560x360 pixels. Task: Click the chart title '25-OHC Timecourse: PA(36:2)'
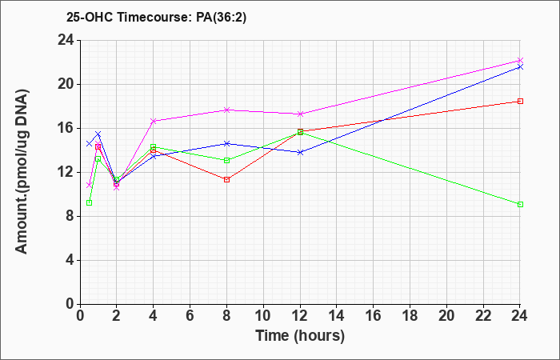[x=156, y=17]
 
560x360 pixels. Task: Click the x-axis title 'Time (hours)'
[x=300, y=336]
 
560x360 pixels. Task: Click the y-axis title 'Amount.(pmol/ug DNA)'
[x=22, y=172]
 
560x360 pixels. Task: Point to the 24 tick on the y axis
[x=66, y=40]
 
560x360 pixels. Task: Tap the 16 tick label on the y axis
[x=66, y=129]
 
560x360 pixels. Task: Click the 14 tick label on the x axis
[x=337, y=316]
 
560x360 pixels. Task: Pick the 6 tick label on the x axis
[x=190, y=316]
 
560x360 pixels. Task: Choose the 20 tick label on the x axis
[x=446, y=316]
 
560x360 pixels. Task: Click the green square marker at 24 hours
[x=520, y=204]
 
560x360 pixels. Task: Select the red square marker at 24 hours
[x=520, y=101]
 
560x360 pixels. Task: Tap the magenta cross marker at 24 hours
[x=520, y=60]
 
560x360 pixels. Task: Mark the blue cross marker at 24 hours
[x=520, y=66]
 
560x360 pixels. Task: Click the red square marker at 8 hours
[x=226, y=179]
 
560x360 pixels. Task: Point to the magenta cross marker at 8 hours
[x=226, y=110]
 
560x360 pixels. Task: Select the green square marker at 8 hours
[x=226, y=160]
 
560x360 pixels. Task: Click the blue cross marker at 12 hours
[x=300, y=152]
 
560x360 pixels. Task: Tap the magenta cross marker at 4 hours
[x=154, y=121]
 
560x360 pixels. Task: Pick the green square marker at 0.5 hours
[x=90, y=203]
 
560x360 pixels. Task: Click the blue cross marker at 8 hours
[x=226, y=143]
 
